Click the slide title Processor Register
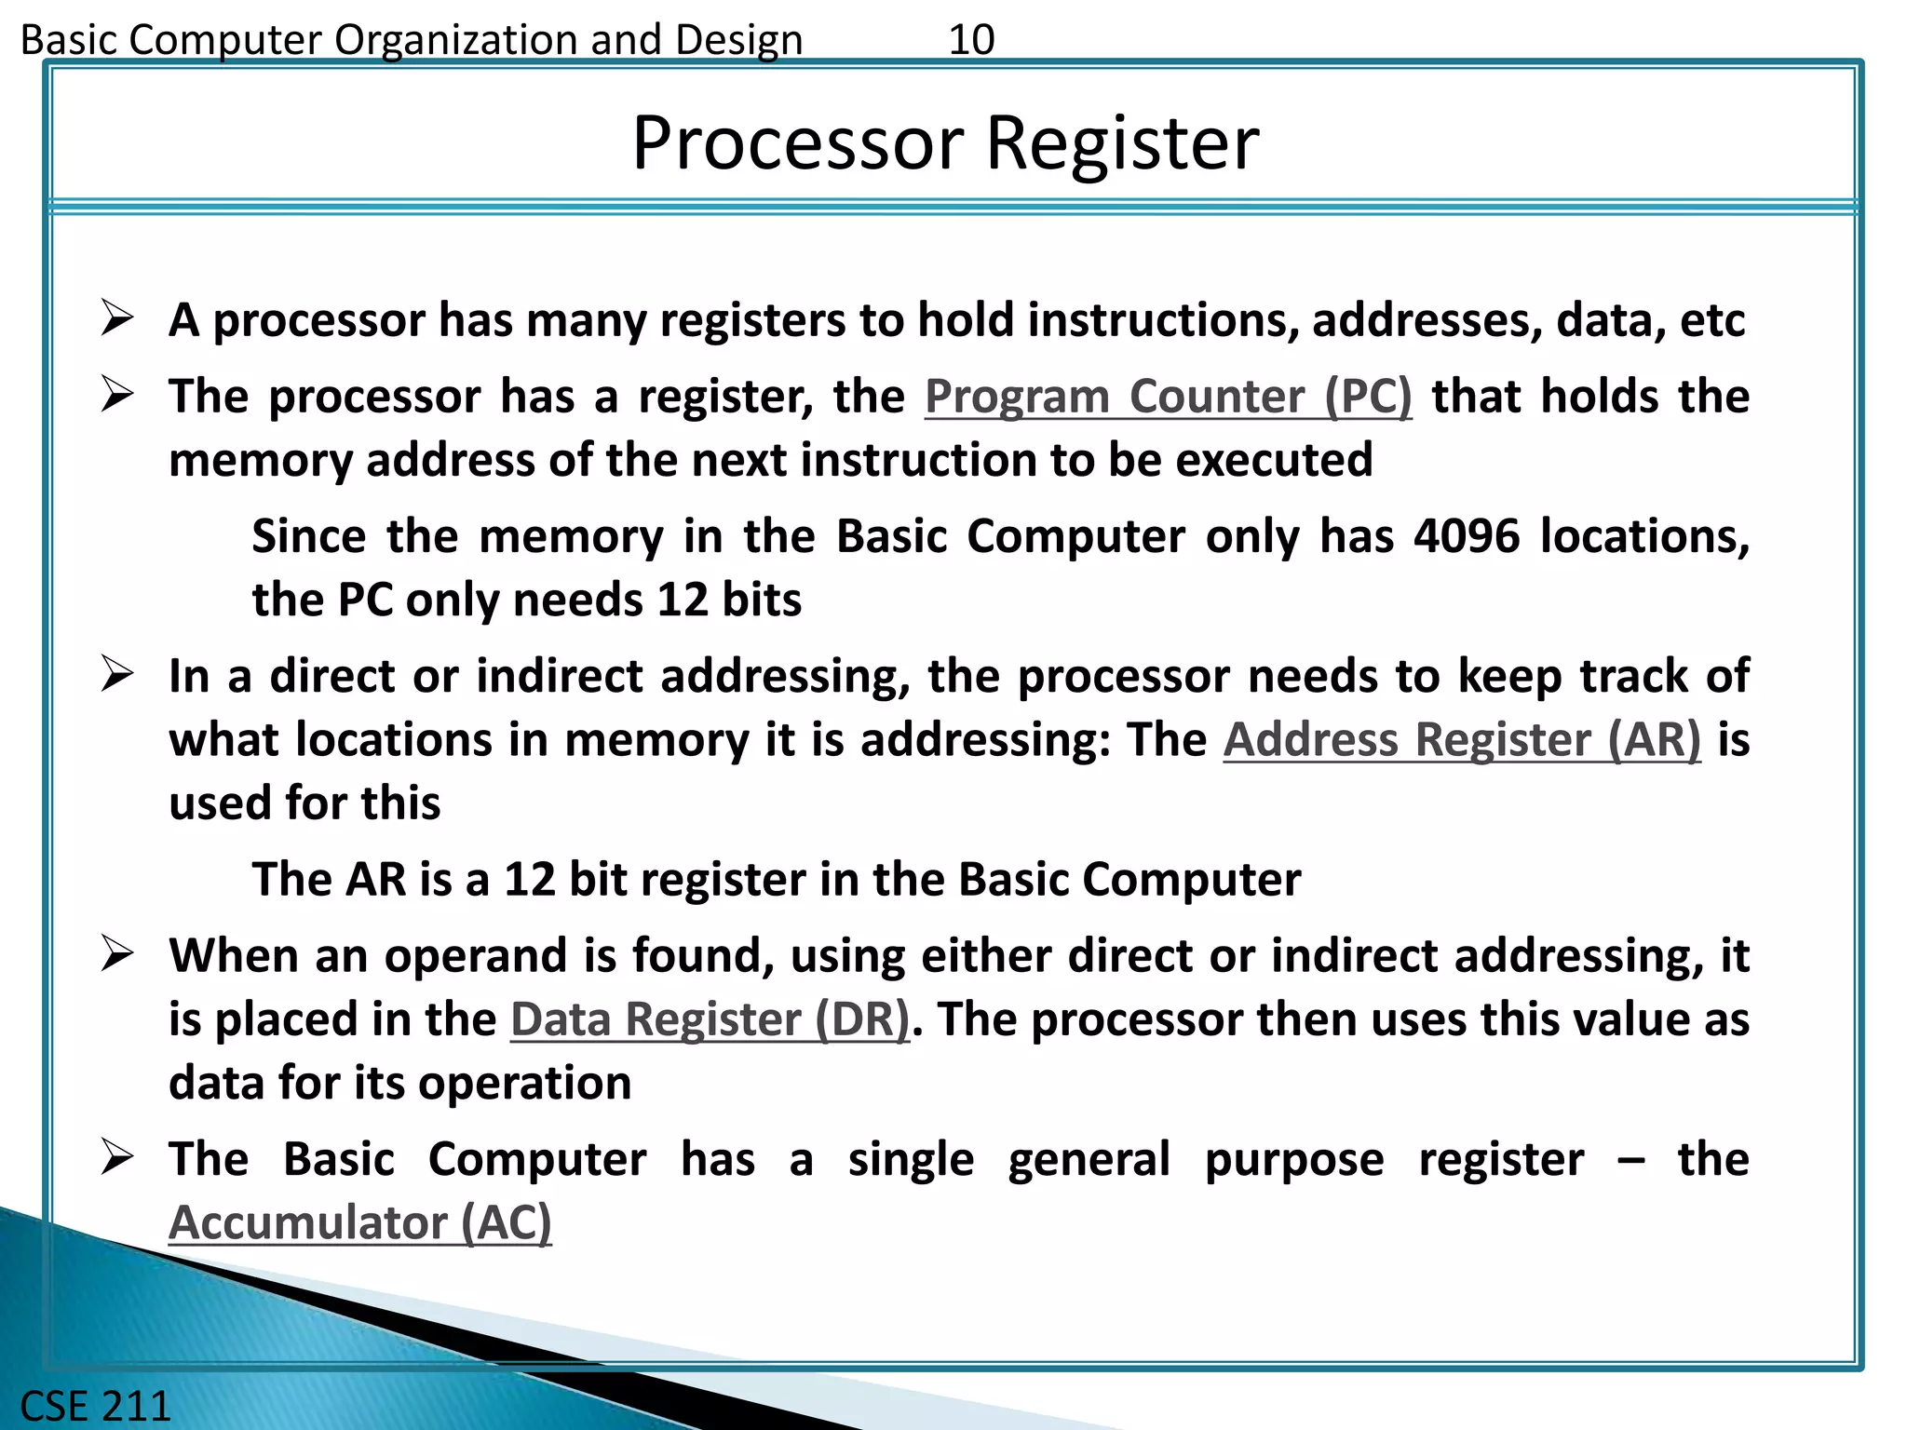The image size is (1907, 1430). point(945,144)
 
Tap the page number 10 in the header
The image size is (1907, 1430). point(971,40)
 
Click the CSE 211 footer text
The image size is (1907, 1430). point(95,1405)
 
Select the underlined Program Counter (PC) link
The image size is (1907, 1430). point(1168,397)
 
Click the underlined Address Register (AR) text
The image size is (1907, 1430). point(1461,740)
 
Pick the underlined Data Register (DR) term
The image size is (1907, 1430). point(710,1019)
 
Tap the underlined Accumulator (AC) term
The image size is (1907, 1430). point(359,1223)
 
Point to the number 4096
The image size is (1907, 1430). point(1466,536)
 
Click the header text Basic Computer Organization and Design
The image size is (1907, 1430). point(411,40)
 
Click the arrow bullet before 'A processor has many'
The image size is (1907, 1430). point(118,318)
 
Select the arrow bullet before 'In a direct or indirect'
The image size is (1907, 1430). point(118,674)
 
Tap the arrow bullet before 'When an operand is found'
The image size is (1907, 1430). point(118,954)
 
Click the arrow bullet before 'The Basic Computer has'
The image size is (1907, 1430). point(118,1157)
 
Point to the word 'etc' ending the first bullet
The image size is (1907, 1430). point(1711,320)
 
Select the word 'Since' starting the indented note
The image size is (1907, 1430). point(308,536)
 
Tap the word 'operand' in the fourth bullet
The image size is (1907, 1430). point(475,956)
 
